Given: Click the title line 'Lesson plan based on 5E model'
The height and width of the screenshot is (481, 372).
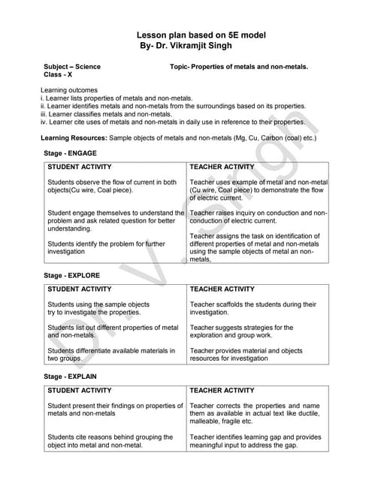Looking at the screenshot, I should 201,35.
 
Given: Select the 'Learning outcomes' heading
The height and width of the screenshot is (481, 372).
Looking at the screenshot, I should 68,90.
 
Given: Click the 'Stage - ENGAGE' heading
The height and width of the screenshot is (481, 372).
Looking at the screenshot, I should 71,153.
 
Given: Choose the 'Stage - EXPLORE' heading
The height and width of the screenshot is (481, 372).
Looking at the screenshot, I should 72,276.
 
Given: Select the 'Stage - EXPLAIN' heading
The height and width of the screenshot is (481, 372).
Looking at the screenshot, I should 71,376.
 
